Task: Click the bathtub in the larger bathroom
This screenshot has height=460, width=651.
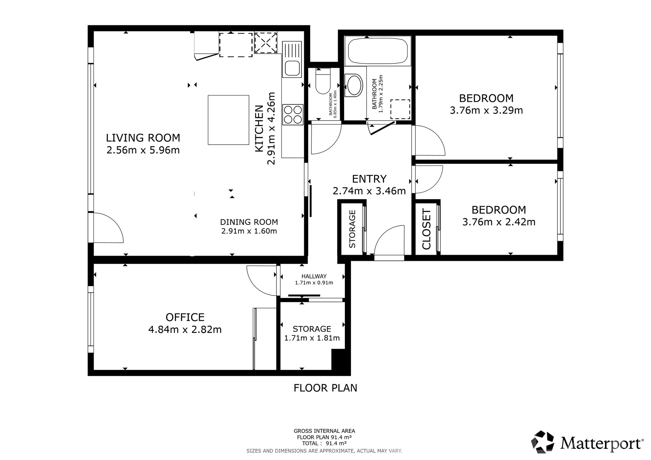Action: pyautogui.click(x=378, y=51)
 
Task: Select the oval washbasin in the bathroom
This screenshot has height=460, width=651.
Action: pyautogui.click(x=354, y=85)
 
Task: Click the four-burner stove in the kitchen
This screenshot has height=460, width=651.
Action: pyautogui.click(x=293, y=114)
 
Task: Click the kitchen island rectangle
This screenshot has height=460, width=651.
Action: pyautogui.click(x=229, y=120)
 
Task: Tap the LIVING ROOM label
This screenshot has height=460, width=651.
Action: pyautogui.click(x=143, y=138)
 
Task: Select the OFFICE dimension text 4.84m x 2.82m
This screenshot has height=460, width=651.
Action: pyautogui.click(x=185, y=330)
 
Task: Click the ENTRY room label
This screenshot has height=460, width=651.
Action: pyautogui.click(x=369, y=179)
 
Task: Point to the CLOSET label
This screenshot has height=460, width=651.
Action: pyautogui.click(x=426, y=229)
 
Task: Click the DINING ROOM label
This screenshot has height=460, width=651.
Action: pyautogui.click(x=249, y=222)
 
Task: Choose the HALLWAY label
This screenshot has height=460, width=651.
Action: pyautogui.click(x=314, y=276)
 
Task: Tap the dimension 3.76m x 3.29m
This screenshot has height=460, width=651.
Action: pyautogui.click(x=486, y=110)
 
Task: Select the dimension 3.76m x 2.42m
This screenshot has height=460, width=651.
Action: pyautogui.click(x=499, y=222)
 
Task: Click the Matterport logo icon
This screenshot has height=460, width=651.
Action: pyautogui.click(x=543, y=442)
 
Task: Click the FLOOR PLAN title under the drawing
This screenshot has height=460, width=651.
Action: pyautogui.click(x=325, y=388)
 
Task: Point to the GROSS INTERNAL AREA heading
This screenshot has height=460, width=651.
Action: pyautogui.click(x=324, y=431)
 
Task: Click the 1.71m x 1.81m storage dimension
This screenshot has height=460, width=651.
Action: pyautogui.click(x=312, y=338)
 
